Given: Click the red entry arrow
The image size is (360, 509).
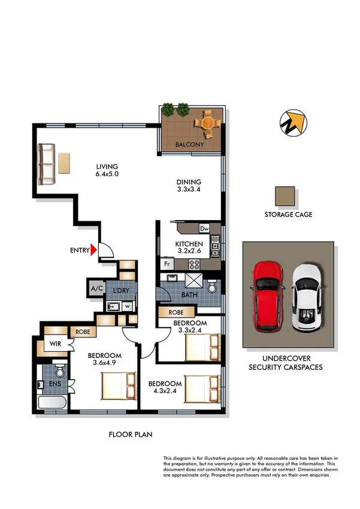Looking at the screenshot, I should click(93, 250).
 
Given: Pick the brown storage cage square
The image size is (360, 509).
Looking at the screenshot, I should click(286, 196).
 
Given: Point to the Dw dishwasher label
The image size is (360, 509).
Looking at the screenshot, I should click(204, 228).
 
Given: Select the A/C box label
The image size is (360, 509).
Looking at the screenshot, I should click(97, 288).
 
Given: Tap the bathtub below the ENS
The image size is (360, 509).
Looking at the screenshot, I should click(52, 402).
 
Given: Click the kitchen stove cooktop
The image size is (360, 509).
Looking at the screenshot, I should click(195, 263).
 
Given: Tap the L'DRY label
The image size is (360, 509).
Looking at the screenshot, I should click(122, 291).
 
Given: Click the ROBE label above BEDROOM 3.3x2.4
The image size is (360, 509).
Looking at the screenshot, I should click(176, 312).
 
